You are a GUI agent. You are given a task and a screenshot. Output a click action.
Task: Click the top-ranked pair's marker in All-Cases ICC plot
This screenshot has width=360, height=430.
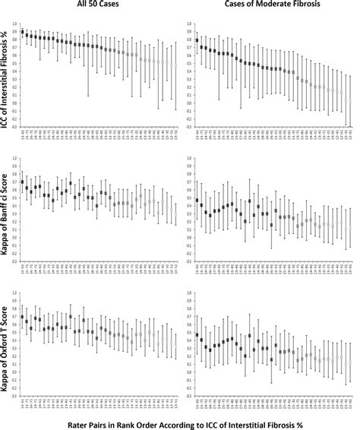[x=23, y=32]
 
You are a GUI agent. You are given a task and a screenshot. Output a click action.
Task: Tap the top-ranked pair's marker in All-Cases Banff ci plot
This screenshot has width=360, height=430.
[x=23, y=182]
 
